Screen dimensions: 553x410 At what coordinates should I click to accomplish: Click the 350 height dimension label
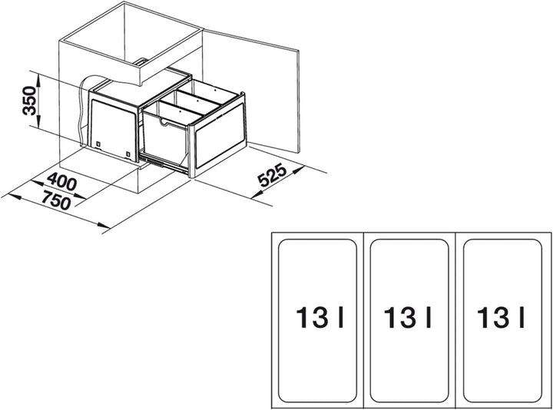pyautogui.click(x=29, y=101)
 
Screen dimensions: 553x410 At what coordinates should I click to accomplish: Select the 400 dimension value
pyautogui.click(x=61, y=181)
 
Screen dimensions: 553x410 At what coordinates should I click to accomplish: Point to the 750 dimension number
pyautogui.click(x=56, y=200)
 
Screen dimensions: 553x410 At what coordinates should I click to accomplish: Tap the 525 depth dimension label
pyautogui.click(x=272, y=175)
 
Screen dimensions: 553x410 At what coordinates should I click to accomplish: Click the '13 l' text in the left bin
pyautogui.click(x=320, y=318)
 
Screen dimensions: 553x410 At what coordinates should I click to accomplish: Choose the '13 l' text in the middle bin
pyautogui.click(x=408, y=318)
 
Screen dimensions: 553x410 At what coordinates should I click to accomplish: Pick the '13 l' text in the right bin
pyautogui.click(x=501, y=318)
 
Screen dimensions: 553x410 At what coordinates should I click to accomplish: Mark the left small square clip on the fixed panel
pyautogui.click(x=98, y=144)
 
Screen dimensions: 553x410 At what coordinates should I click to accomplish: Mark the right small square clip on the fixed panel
pyautogui.click(x=128, y=154)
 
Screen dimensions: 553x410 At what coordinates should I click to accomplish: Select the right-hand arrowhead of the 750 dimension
pyautogui.click(x=104, y=226)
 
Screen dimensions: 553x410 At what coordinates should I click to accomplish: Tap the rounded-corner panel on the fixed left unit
pyautogui.click(x=113, y=130)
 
